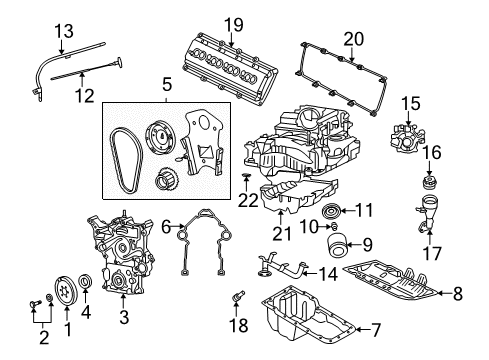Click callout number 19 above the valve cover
coord(234,24)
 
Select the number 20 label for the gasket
coord(351,39)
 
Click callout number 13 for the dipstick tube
coord(63,32)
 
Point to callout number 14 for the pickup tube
coord(329,272)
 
